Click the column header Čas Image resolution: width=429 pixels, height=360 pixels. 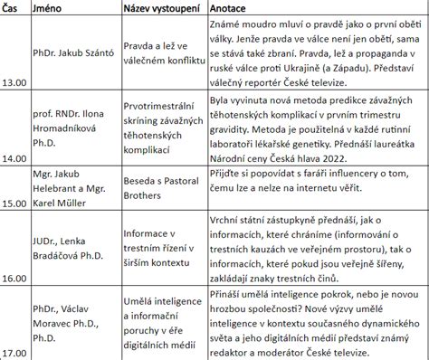[12, 7]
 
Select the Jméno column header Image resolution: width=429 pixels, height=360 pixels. [51, 7]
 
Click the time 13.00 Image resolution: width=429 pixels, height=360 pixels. [15, 87]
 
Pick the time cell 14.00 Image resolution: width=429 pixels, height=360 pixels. [15, 156]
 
